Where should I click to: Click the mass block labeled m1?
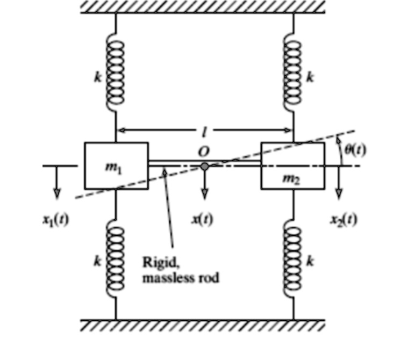point(116,165)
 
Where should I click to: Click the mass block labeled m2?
point(292,165)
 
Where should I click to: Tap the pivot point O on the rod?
point(204,167)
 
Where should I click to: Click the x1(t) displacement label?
point(55,219)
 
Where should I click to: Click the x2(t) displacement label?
point(344,219)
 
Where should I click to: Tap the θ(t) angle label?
point(355,150)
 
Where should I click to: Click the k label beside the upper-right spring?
point(310,77)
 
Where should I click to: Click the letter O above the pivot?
point(203,152)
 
